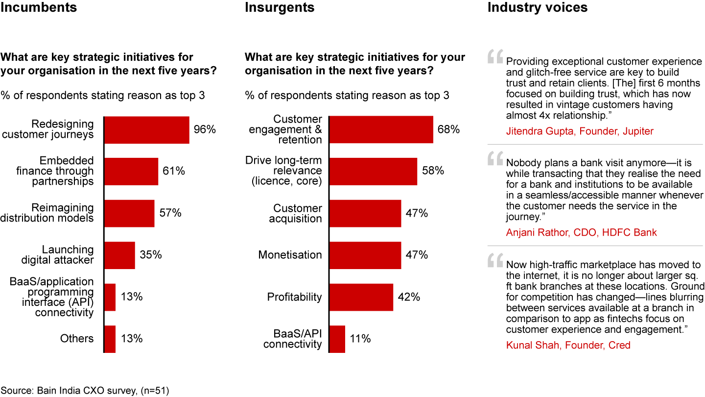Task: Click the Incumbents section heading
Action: tap(39, 8)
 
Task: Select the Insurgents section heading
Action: tap(280, 8)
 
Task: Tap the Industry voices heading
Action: tap(538, 8)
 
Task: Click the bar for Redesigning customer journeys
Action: tap(147, 130)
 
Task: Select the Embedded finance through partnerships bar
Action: tap(131, 172)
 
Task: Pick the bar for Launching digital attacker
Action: tap(119, 255)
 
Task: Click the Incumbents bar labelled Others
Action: tap(110, 339)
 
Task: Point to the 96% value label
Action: tap(205, 130)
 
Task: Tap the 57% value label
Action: tap(170, 213)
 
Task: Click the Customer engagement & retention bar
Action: tap(381, 130)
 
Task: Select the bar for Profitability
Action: tap(361, 297)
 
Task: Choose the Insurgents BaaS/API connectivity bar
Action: tap(337, 339)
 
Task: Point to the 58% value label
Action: tap(433, 171)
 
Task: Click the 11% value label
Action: tap(360, 339)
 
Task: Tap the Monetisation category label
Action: tap(290, 255)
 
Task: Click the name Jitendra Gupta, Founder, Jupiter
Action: tap(580, 131)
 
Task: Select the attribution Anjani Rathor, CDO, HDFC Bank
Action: tap(582, 233)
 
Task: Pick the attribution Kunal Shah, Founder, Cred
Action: tap(568, 346)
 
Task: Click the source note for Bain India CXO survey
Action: tap(85, 391)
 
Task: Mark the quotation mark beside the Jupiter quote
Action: tap(495, 58)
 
